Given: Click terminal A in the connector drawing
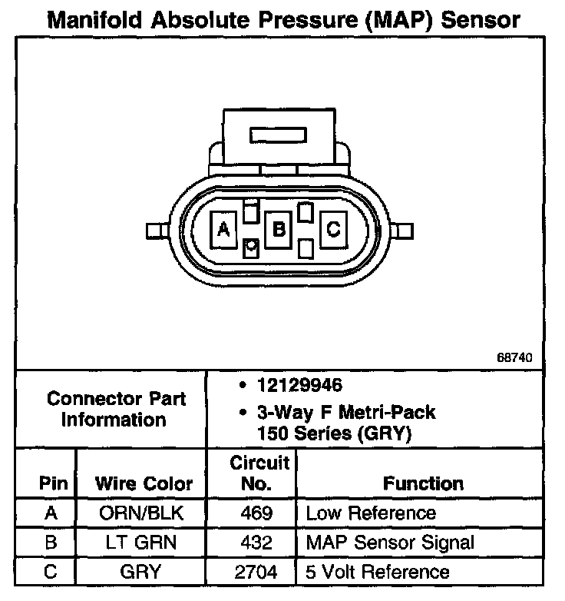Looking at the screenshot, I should [223, 228].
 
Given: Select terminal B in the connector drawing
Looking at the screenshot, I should [279, 228].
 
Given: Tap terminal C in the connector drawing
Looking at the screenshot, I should [333, 228].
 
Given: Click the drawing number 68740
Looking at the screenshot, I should [514, 358].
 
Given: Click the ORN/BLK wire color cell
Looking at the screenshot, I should [142, 513].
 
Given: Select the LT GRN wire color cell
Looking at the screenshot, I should [142, 542].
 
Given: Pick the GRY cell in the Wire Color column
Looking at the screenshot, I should [142, 572].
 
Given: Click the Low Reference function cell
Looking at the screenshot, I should [371, 513].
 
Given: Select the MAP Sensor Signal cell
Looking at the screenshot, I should [390, 542].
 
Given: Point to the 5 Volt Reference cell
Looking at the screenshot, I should [378, 572].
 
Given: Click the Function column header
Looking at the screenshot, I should [423, 483].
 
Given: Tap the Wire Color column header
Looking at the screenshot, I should [144, 483].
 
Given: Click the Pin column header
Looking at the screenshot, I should [55, 483].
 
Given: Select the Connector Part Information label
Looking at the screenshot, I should [116, 409].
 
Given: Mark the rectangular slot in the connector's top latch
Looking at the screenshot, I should [278, 136].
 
